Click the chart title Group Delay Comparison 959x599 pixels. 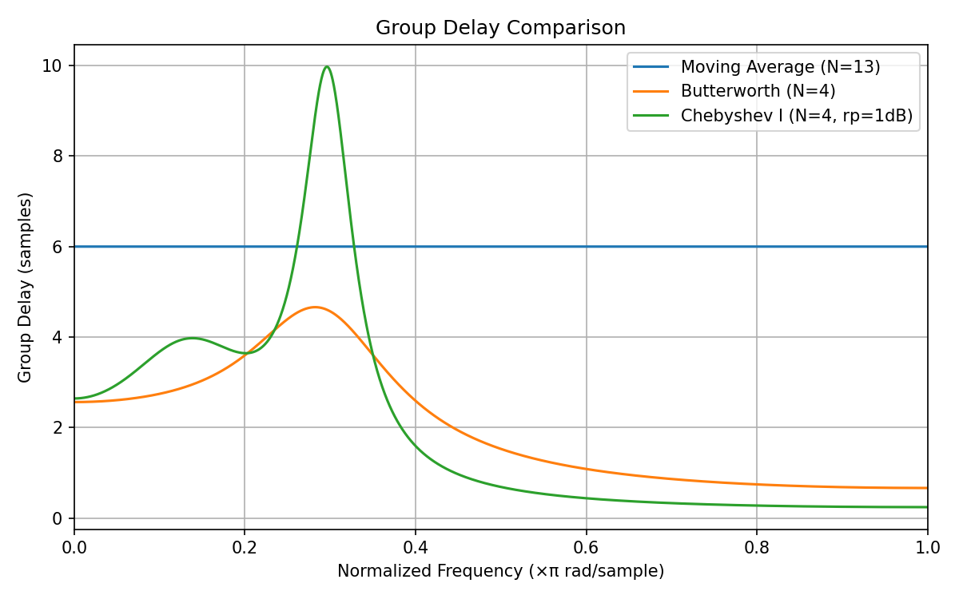(500, 28)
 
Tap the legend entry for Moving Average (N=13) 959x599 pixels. (780, 67)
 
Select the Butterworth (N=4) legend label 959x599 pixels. (758, 91)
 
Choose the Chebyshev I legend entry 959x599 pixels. (796, 115)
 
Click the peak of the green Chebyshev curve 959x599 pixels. (327, 66)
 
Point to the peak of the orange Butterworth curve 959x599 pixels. (315, 307)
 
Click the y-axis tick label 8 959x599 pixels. (58, 156)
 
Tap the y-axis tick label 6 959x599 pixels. (58, 247)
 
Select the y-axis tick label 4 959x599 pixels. (58, 337)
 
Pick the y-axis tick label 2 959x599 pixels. (58, 427)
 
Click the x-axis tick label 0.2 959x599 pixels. (245, 548)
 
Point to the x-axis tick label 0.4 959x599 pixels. (416, 548)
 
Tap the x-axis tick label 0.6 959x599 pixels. (586, 548)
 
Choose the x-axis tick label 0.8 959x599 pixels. (757, 548)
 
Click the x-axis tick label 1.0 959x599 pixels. (927, 548)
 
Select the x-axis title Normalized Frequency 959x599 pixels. (500, 571)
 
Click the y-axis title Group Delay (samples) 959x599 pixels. (26, 287)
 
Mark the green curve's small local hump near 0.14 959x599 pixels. (193, 338)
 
